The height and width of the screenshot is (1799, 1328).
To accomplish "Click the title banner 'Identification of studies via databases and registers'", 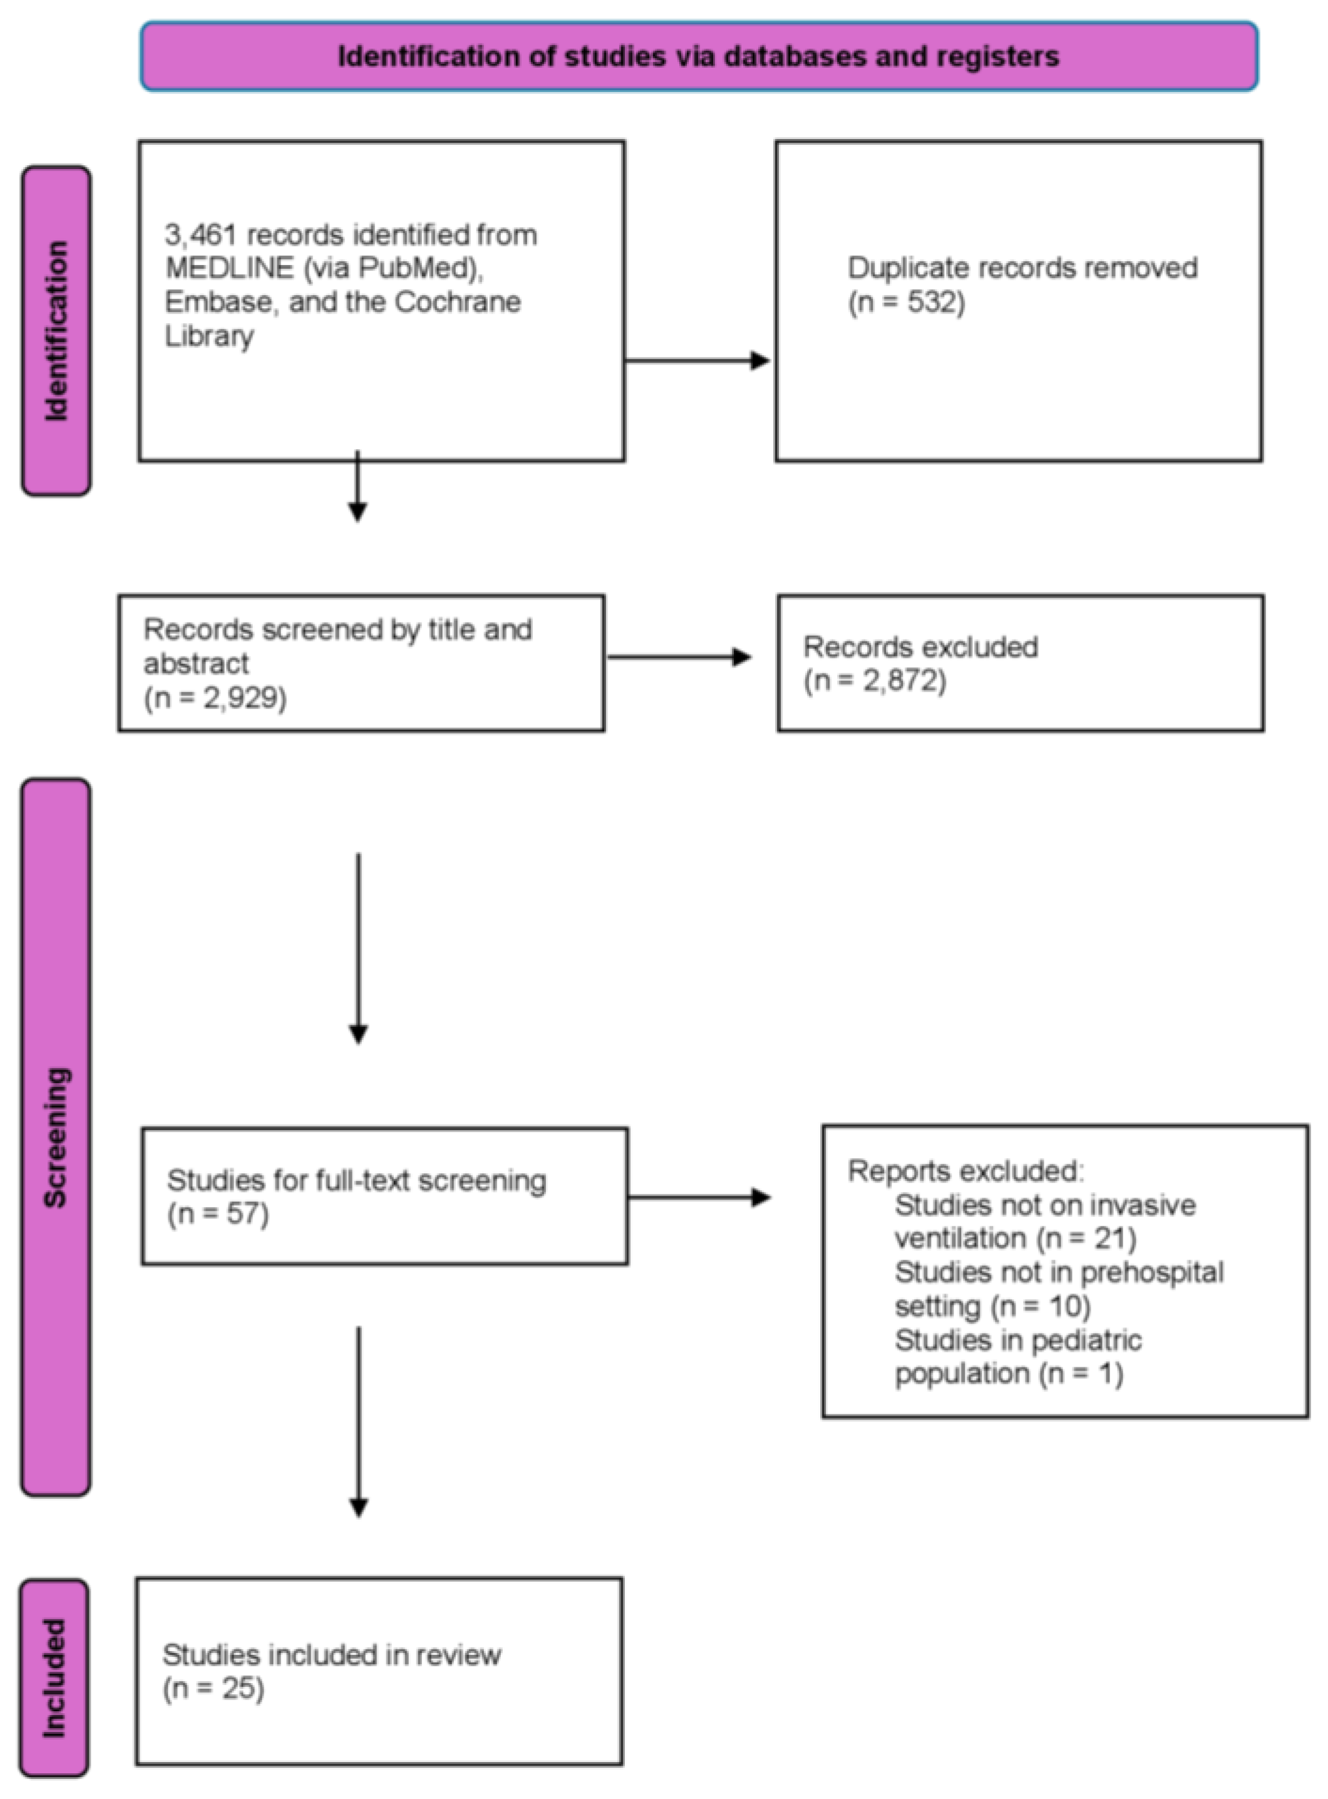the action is click(699, 56).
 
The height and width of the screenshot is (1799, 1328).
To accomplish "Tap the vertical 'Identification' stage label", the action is click(56, 331).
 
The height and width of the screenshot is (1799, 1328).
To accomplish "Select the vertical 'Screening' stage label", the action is click(56, 1137).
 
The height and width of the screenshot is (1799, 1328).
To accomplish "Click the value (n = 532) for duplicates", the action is click(907, 303).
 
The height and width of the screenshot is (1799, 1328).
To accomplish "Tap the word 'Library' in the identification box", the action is click(210, 336).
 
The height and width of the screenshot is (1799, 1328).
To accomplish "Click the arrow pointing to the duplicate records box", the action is click(697, 360).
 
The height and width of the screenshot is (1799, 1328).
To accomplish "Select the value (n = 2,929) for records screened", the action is click(215, 697).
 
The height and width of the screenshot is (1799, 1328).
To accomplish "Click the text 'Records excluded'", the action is click(920, 646).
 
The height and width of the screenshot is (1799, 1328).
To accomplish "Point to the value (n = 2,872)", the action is click(875, 680).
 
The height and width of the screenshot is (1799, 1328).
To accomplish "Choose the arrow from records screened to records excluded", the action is click(679, 657).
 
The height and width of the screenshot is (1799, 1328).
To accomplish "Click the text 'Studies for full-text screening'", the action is click(356, 1181).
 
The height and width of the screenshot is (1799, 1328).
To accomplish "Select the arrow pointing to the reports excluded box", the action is click(699, 1198).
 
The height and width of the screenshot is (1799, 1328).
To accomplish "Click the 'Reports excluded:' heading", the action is click(966, 1171).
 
